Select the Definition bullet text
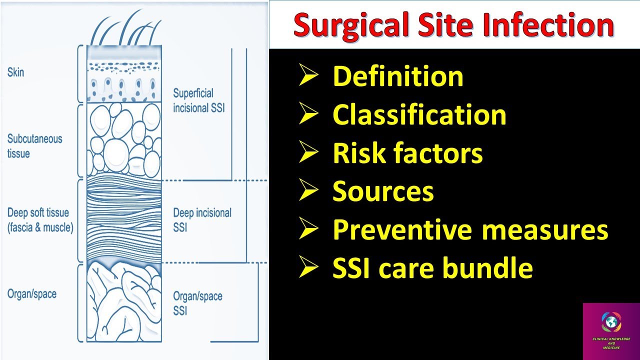398,76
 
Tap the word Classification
419,114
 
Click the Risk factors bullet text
407,153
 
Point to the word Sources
383,191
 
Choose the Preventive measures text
470,229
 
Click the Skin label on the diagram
15,72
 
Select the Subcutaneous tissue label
34,145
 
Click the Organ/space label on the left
31,293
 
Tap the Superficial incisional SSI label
199,100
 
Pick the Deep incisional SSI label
202,220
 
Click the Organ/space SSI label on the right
197,303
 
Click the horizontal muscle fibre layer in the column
124,220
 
